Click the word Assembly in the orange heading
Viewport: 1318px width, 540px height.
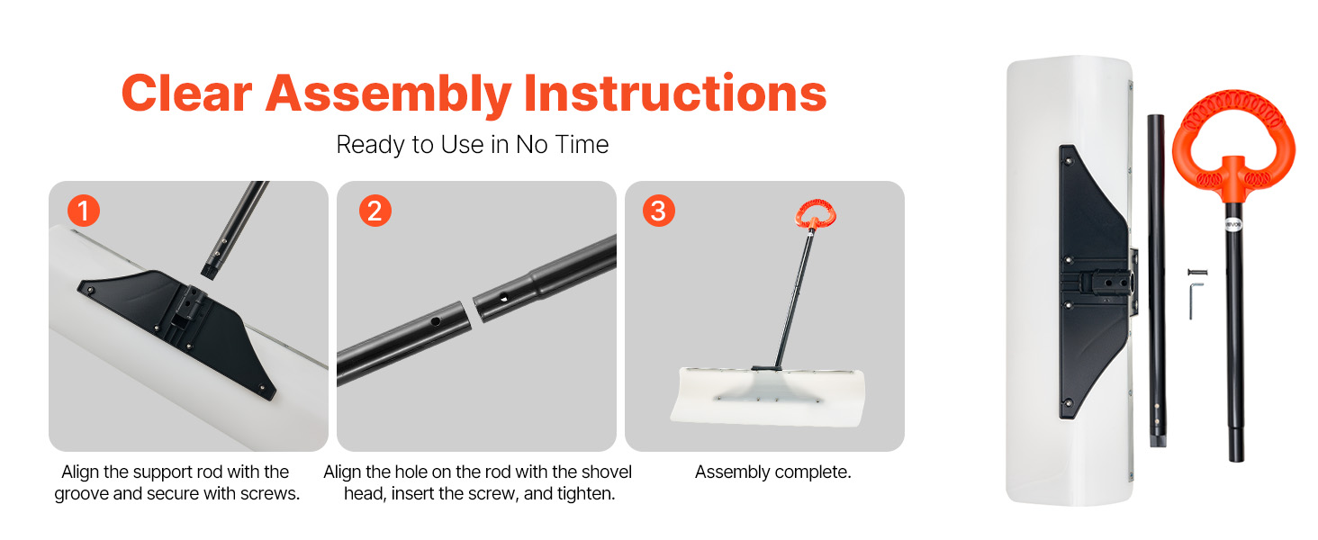coord(388,94)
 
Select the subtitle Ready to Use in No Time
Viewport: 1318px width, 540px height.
coord(472,145)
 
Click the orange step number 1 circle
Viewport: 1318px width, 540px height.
coord(84,211)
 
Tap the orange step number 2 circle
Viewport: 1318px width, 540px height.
coord(375,211)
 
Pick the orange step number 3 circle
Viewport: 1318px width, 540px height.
coord(658,211)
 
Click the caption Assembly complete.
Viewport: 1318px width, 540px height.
coord(772,472)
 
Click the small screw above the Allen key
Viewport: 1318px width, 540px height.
coord(1197,272)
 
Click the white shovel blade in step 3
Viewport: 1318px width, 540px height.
coord(768,397)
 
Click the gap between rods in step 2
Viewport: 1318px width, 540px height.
coord(472,311)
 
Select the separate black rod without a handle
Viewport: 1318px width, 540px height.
coord(1158,281)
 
